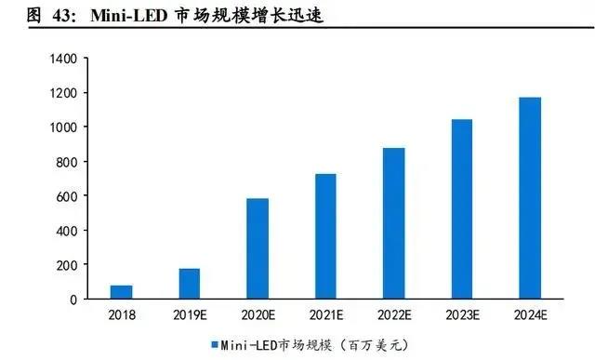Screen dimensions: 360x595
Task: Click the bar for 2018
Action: pos(122,292)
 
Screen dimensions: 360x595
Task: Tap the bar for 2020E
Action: pos(258,248)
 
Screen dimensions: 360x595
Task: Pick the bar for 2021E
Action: pos(325,236)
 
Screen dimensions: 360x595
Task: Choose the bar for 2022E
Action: pos(393,223)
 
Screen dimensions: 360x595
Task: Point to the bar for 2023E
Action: pos(461,209)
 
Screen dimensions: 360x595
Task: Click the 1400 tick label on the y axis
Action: pos(62,59)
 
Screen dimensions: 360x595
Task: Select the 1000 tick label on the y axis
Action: pos(62,127)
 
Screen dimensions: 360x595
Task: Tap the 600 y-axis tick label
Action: pos(66,196)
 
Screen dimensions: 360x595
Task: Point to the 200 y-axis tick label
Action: pos(66,265)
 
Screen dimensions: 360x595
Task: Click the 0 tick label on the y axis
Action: pos(73,300)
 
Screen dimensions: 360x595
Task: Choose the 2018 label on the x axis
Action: pos(122,315)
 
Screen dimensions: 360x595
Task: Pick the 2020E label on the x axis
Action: pos(258,315)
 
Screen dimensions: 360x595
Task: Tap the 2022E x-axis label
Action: pos(393,315)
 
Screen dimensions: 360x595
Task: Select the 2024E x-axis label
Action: pos(530,315)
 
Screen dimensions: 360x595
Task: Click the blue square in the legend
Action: pos(214,343)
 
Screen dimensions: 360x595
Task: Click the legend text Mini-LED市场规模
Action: pos(270,343)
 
